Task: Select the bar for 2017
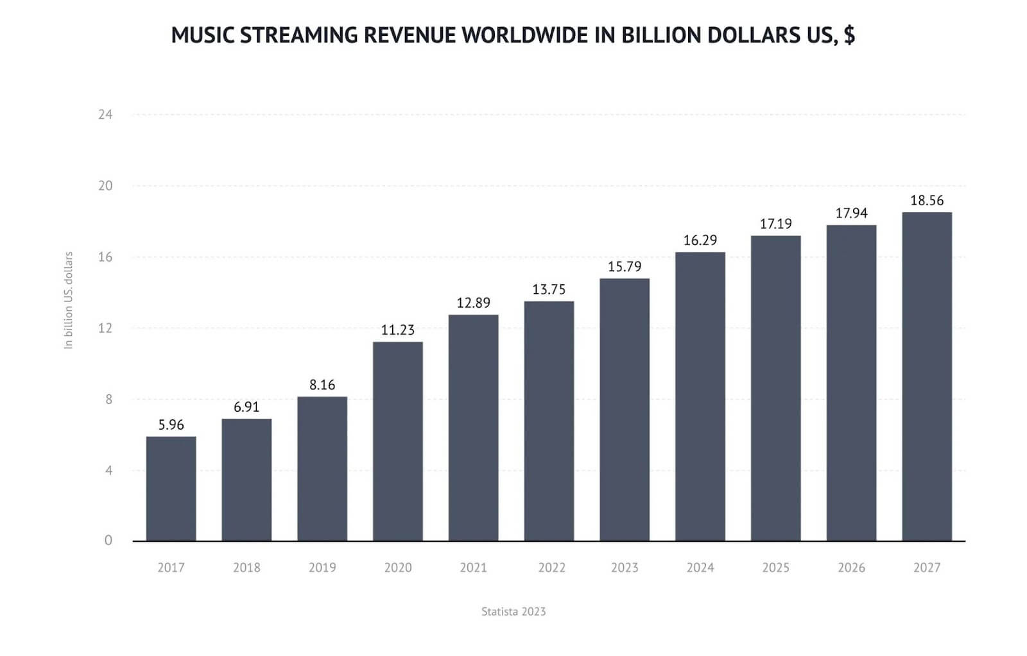point(171,489)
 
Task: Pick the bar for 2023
point(624,410)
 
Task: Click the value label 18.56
point(926,201)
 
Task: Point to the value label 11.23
point(397,330)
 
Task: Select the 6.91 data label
point(246,407)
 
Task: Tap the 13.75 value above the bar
point(549,290)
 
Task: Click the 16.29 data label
point(700,240)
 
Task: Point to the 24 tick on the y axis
point(105,115)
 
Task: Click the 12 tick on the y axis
point(105,328)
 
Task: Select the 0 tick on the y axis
point(108,541)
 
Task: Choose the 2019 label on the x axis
point(322,568)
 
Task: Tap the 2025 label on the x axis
point(775,568)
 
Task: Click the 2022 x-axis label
point(551,568)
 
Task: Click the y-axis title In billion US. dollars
point(69,300)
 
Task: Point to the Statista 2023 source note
point(513,612)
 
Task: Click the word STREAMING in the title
point(298,35)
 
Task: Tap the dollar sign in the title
point(849,35)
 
